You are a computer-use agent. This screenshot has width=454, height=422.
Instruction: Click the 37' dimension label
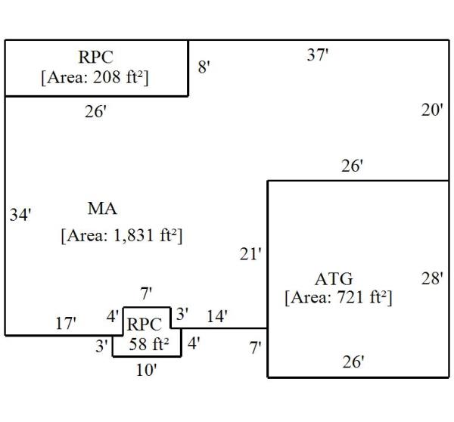click(x=317, y=54)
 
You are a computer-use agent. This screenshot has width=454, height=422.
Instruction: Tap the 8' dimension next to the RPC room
click(x=204, y=67)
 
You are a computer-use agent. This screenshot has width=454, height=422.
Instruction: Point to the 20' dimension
click(x=431, y=110)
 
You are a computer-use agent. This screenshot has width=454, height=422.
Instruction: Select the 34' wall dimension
click(x=20, y=215)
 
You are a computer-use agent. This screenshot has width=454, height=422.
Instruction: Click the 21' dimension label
click(x=250, y=254)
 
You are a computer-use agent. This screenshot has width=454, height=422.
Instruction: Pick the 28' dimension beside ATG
click(x=431, y=278)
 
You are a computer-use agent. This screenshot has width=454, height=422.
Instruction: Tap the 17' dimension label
click(x=66, y=324)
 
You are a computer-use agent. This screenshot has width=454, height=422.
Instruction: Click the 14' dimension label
click(x=216, y=317)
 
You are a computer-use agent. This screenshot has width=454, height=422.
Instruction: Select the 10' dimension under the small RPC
click(x=146, y=370)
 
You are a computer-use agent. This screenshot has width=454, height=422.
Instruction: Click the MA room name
click(x=102, y=208)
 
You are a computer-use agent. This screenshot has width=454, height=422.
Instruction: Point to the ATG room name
click(x=334, y=279)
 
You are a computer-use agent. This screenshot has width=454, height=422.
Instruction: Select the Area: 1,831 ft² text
click(x=122, y=235)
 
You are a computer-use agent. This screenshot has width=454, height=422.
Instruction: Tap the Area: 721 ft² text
click(x=338, y=297)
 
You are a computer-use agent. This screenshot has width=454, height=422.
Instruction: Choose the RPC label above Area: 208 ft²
click(x=95, y=57)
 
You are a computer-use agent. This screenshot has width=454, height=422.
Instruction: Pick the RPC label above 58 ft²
click(x=144, y=324)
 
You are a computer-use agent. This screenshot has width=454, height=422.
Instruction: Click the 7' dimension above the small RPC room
click(x=147, y=292)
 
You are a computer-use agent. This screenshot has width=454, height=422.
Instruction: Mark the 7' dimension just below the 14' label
click(x=256, y=348)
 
